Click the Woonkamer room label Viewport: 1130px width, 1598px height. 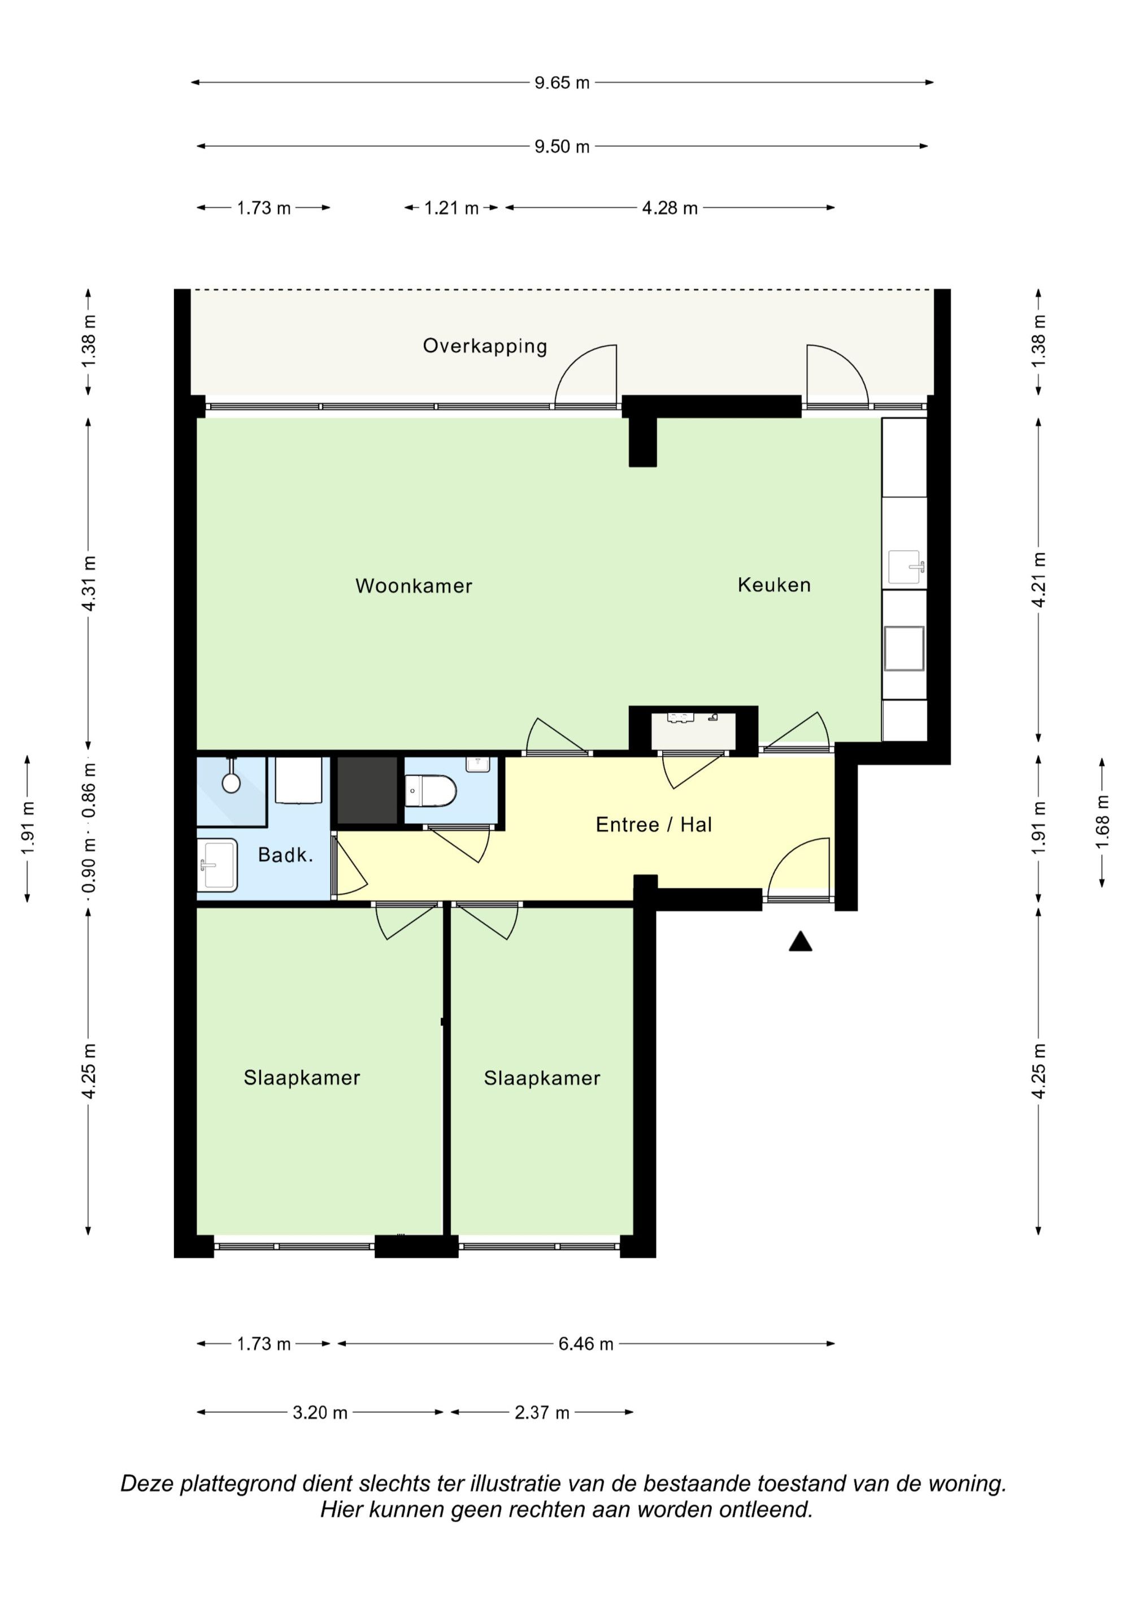(x=414, y=586)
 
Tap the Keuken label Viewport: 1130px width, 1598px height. (x=774, y=585)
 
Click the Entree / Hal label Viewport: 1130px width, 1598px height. (x=654, y=825)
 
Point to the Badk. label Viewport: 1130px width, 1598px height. (x=285, y=855)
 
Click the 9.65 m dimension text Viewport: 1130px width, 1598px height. (x=562, y=83)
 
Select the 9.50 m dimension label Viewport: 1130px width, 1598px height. (x=562, y=147)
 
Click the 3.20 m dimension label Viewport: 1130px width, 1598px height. (x=320, y=1413)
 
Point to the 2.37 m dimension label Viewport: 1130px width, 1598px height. (x=542, y=1413)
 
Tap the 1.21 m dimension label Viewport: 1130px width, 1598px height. (x=451, y=208)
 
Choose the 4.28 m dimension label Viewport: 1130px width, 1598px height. (x=670, y=208)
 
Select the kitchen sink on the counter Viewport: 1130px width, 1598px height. (x=905, y=567)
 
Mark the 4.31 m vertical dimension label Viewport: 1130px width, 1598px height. (x=89, y=584)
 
